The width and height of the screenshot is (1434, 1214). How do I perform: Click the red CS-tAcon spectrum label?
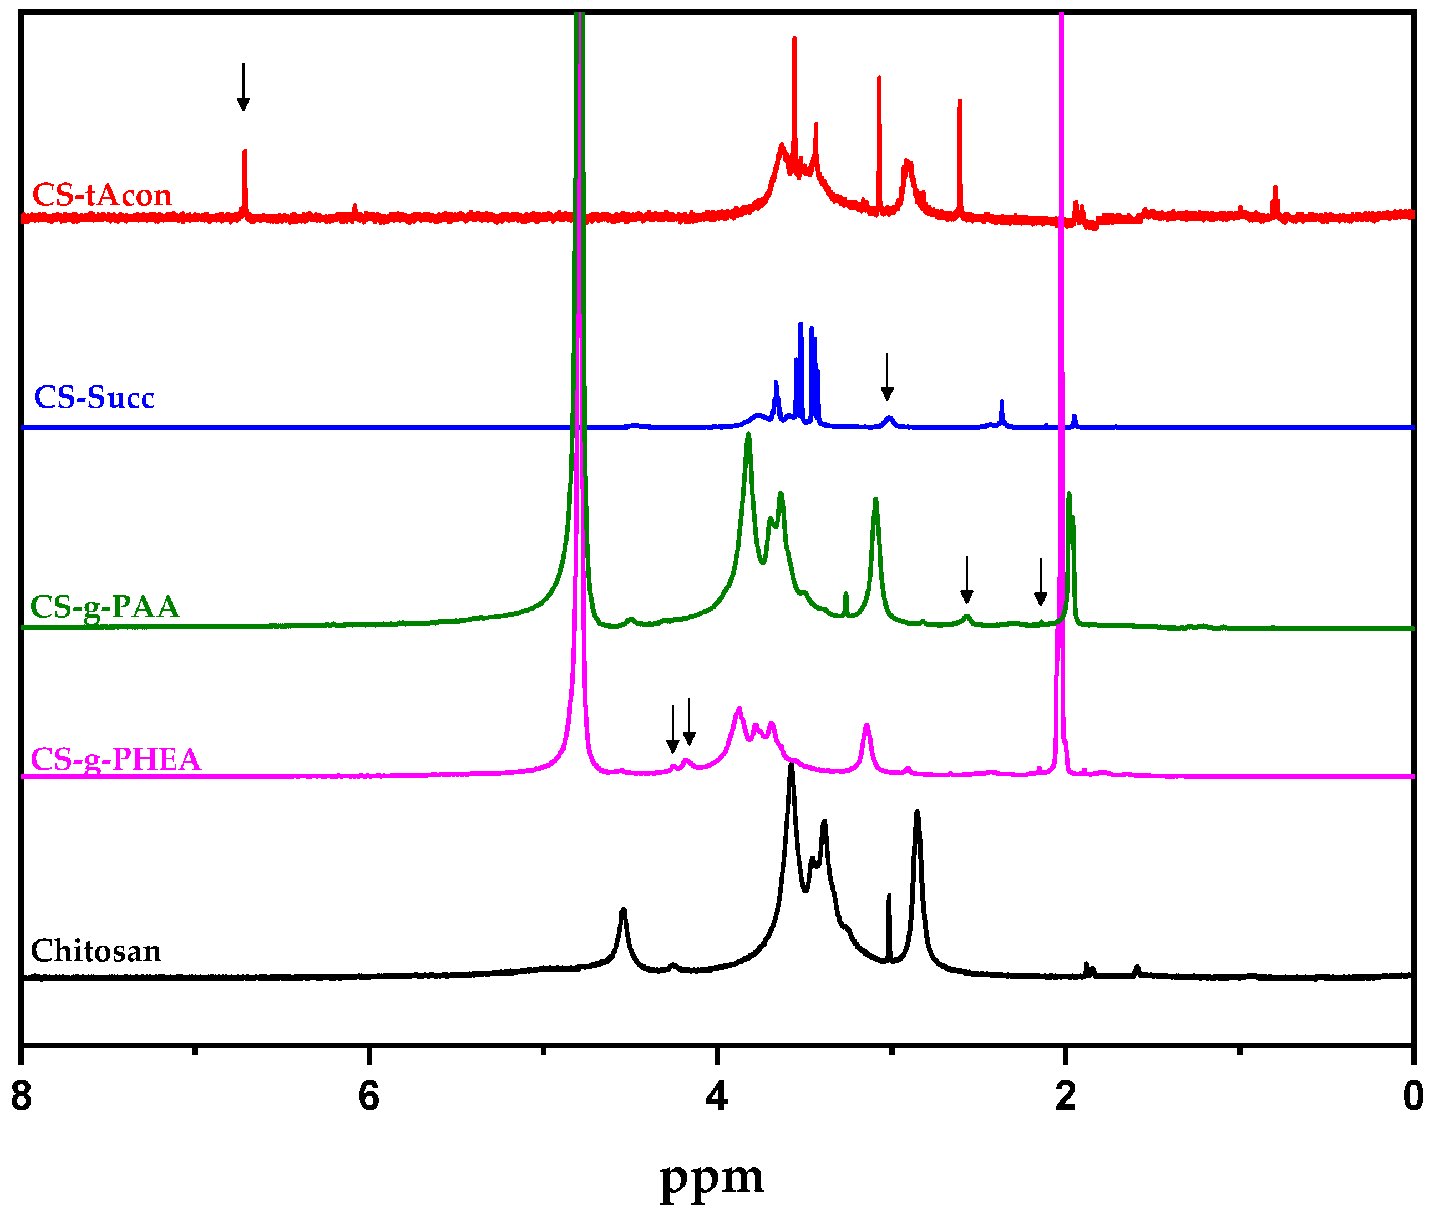click(x=102, y=195)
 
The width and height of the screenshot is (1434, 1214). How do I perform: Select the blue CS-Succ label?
click(x=94, y=398)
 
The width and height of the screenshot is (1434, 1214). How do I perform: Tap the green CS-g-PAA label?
click(x=105, y=607)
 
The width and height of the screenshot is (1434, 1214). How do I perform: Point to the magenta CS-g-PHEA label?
click(x=115, y=760)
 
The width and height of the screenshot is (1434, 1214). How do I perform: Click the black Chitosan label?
click(x=95, y=951)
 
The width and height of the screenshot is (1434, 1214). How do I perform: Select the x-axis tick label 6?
click(x=369, y=1096)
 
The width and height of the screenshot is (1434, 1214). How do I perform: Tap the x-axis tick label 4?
click(x=717, y=1096)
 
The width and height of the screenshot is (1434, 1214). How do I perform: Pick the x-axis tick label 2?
click(x=1065, y=1096)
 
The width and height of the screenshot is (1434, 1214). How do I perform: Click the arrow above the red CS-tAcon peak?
click(x=243, y=87)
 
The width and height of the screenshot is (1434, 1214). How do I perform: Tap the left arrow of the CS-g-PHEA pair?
click(x=672, y=729)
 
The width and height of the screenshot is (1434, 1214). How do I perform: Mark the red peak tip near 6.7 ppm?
click(x=245, y=151)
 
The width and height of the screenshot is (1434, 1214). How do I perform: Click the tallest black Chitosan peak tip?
click(x=791, y=765)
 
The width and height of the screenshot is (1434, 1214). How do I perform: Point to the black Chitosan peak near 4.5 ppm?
click(x=623, y=911)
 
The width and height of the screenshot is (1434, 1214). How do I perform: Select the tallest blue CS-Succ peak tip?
click(x=800, y=323)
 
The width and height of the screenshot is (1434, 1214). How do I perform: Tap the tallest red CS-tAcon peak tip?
click(x=794, y=38)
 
